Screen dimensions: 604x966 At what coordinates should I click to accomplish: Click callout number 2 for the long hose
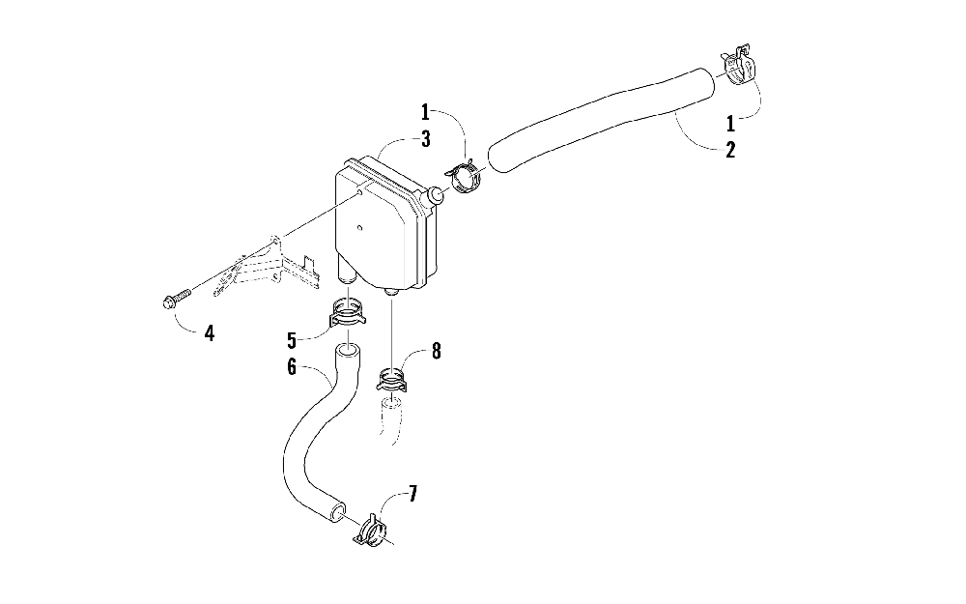point(730,150)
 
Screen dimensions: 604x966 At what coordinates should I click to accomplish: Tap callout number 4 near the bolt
point(209,333)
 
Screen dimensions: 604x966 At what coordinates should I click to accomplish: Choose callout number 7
point(412,495)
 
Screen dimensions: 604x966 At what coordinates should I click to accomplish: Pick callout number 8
point(436,352)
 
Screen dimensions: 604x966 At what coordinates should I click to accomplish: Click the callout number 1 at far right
point(731,124)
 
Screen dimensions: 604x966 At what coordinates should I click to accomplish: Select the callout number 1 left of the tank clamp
point(425,114)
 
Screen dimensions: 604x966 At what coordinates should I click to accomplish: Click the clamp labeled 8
point(392,380)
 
